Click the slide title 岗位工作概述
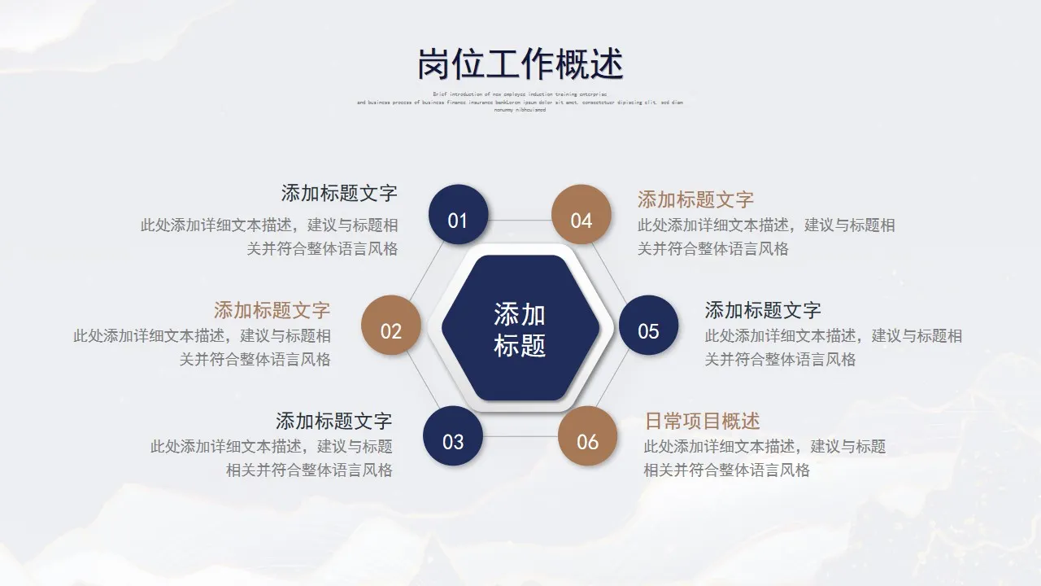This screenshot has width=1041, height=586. tap(520, 63)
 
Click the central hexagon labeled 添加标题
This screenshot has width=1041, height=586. tap(520, 328)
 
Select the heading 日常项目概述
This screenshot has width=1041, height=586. tap(702, 421)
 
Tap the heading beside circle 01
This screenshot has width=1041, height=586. tap(339, 193)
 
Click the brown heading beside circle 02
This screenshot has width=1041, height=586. tap(272, 310)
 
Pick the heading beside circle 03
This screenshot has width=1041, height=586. tap(333, 421)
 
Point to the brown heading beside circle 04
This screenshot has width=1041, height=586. tap(695, 199)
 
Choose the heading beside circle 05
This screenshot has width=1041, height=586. tap(763, 310)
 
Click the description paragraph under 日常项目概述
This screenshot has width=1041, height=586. tap(764, 458)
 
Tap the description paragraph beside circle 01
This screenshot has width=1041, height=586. tap(269, 237)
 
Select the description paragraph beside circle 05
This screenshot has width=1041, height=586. tap(833, 348)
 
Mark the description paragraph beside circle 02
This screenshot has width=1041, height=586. tap(202, 348)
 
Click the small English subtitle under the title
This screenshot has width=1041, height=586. tap(520, 103)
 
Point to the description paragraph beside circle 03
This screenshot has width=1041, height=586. tap(272, 458)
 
